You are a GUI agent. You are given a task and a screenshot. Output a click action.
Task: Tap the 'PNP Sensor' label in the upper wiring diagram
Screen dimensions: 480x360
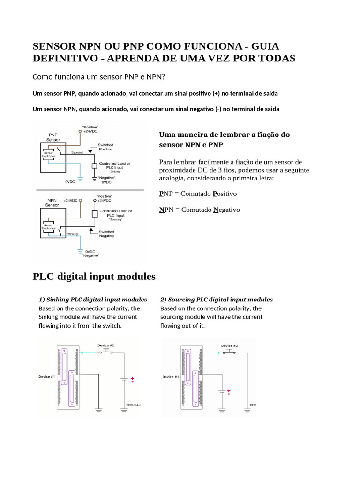(53, 137)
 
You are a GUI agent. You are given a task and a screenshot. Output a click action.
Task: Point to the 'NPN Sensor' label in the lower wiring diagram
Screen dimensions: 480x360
(52, 202)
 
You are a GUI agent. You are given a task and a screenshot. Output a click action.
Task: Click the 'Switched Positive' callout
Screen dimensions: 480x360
(105, 147)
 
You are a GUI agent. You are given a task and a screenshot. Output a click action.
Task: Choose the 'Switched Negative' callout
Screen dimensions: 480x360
(106, 233)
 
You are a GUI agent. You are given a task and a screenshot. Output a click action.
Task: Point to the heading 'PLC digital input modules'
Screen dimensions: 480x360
(94, 276)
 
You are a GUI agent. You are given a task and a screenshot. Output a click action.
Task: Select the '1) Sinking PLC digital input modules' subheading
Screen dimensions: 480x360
(93, 299)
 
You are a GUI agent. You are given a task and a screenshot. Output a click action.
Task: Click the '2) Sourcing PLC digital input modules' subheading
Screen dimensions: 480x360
(217, 299)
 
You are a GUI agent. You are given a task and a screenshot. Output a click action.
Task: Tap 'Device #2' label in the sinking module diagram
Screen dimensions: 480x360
(105, 345)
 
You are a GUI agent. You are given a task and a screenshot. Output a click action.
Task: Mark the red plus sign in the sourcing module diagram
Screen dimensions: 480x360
(229, 390)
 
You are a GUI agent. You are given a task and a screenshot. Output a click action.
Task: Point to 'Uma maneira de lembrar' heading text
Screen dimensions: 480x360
(225, 135)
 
